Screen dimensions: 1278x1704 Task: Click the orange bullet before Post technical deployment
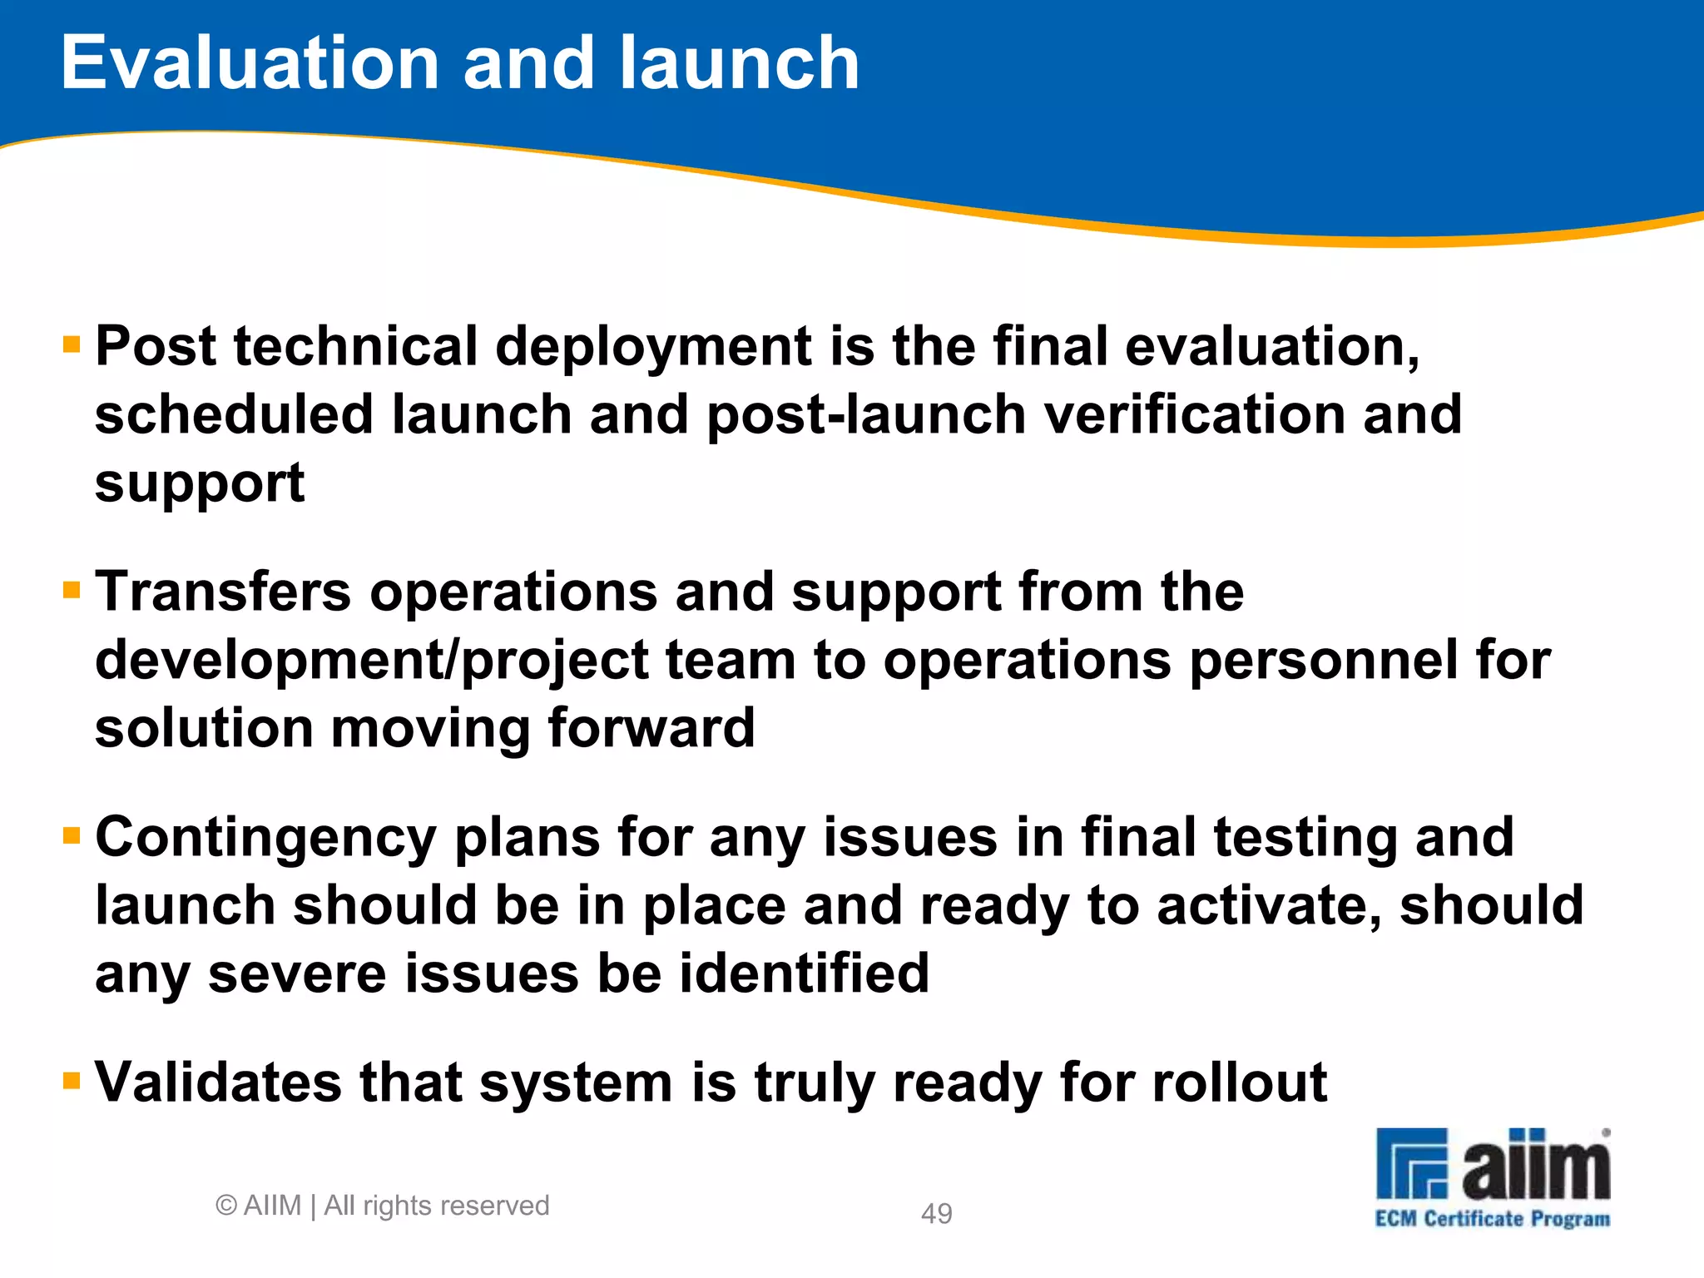(72, 344)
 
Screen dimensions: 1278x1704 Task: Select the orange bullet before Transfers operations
(72, 590)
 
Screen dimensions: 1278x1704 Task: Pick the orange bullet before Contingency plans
(72, 835)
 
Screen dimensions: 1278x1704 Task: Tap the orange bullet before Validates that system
(72, 1081)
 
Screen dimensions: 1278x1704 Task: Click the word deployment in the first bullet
(654, 346)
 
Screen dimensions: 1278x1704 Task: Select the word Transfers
(223, 592)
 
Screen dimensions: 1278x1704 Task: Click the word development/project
(372, 661)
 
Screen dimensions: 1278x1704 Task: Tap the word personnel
(1324, 661)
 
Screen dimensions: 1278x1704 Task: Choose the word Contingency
(265, 838)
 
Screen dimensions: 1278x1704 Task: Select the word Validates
(218, 1082)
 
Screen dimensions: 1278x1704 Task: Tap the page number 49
(936, 1214)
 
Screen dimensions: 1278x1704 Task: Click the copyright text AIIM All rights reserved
(383, 1206)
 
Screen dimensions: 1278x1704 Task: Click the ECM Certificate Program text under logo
(1492, 1219)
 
